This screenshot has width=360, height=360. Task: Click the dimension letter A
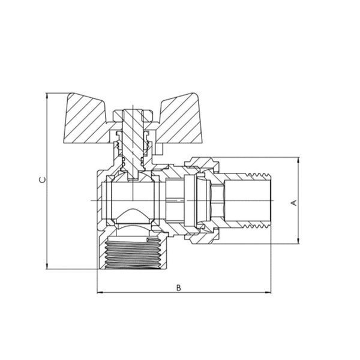pos(294,203)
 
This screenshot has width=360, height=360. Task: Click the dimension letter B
pos(178,288)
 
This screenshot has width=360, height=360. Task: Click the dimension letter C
pos(43,180)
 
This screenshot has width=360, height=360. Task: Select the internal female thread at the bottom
pos(134,253)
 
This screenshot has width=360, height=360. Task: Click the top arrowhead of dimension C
pos(47,95)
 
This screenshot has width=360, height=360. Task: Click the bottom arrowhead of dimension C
pos(47,266)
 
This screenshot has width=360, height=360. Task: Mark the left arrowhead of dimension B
pos(100,293)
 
